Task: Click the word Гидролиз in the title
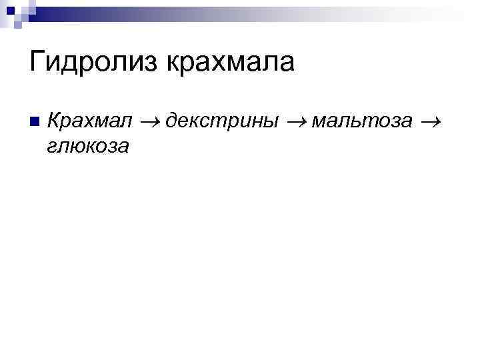(x=94, y=62)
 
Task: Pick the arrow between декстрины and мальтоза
(x=295, y=122)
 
